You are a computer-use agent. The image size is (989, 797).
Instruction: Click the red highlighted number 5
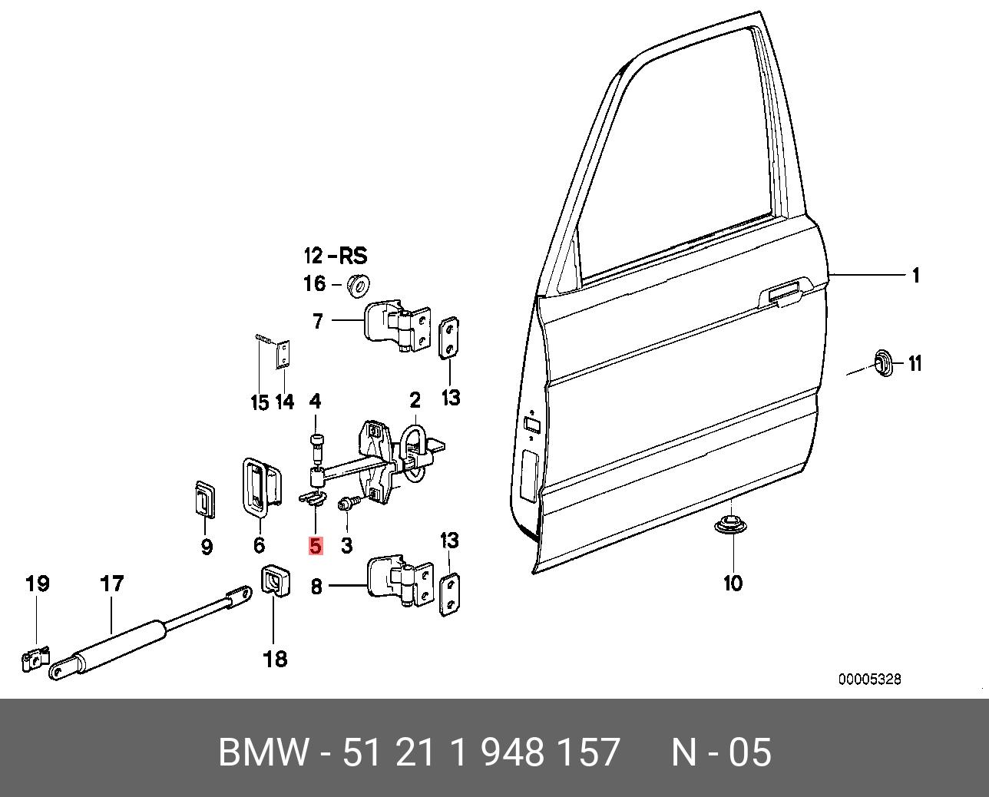pos(316,546)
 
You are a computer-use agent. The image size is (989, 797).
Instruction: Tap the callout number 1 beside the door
pos(915,276)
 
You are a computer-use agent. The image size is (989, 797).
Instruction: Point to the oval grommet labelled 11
pos(884,362)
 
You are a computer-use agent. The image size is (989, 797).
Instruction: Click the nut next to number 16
pos(358,285)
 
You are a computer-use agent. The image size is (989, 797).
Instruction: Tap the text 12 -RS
pos(335,256)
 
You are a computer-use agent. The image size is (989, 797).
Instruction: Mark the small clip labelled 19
pos(35,659)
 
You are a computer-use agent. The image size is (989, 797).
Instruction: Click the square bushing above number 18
pos(274,580)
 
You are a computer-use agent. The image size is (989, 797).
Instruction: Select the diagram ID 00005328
pos(869,680)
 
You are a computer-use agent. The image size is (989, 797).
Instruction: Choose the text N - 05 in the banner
pos(721,752)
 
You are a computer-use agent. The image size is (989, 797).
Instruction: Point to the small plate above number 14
pos(284,356)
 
